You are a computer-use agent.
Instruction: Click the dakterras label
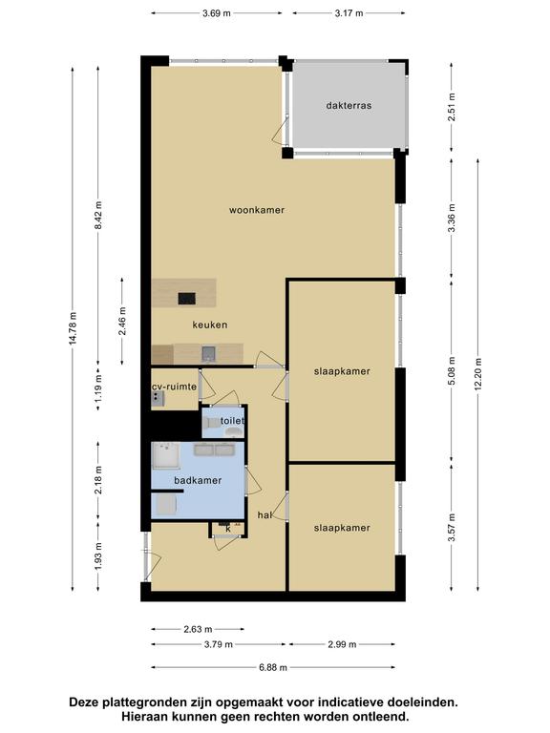pos(349,106)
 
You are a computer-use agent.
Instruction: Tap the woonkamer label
pos(257,210)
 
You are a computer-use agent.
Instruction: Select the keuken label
pos(210,325)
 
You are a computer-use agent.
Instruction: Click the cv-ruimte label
pos(175,387)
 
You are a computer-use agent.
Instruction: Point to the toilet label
pos(232,421)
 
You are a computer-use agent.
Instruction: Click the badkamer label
pos(198,481)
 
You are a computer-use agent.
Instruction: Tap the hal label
pos(264,515)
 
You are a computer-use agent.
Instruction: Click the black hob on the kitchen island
pos(187,298)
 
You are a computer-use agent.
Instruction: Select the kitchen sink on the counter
pos(208,353)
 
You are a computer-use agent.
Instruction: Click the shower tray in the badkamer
pos(166,455)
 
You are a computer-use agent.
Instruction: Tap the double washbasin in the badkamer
pos(215,450)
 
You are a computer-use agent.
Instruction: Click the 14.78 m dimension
pos(73,329)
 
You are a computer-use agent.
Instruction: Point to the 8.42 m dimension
pos(98,216)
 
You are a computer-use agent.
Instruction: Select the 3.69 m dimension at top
pos(217,13)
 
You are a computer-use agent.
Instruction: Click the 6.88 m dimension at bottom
pos(273,667)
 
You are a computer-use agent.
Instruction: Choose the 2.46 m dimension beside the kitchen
pos(122,321)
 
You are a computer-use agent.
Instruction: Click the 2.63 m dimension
pos(198,629)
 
